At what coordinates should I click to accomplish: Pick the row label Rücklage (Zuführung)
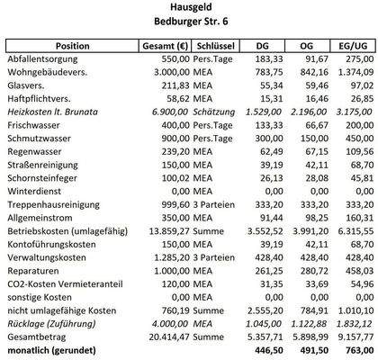53,324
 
